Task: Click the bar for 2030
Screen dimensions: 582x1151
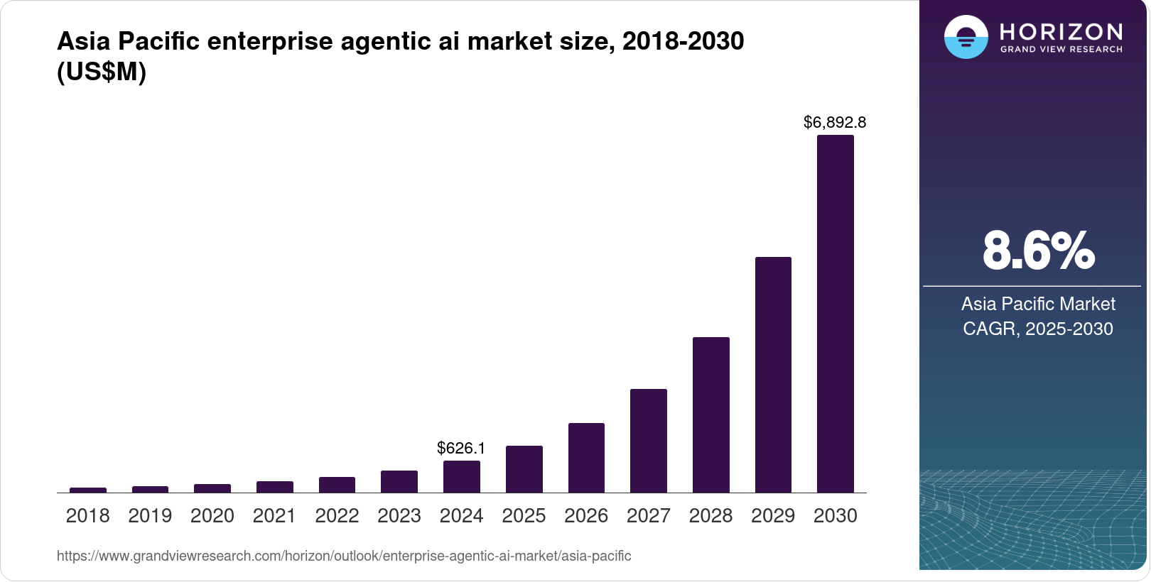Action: point(835,314)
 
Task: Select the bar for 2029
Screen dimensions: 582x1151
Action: point(773,375)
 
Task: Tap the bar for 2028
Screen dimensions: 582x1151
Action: point(710,414)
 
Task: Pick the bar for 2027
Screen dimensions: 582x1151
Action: point(648,441)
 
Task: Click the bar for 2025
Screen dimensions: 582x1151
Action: point(524,469)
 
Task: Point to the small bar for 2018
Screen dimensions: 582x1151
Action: point(88,490)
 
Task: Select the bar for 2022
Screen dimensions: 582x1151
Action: point(337,485)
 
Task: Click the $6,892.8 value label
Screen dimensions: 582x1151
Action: point(835,122)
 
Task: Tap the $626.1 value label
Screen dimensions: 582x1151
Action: point(461,448)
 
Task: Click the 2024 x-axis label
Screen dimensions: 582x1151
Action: point(461,516)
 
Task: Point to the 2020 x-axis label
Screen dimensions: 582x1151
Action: point(212,516)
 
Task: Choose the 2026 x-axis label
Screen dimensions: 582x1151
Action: point(586,516)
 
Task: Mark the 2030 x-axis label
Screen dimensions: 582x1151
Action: point(835,516)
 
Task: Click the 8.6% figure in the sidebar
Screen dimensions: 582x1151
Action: point(1038,251)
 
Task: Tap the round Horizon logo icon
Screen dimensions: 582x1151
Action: point(966,37)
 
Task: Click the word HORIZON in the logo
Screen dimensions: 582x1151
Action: point(1061,31)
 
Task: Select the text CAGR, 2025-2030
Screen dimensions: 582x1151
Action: point(1038,329)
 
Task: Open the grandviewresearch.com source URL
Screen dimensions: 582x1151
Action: point(344,556)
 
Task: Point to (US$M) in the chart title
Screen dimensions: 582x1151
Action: point(102,72)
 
